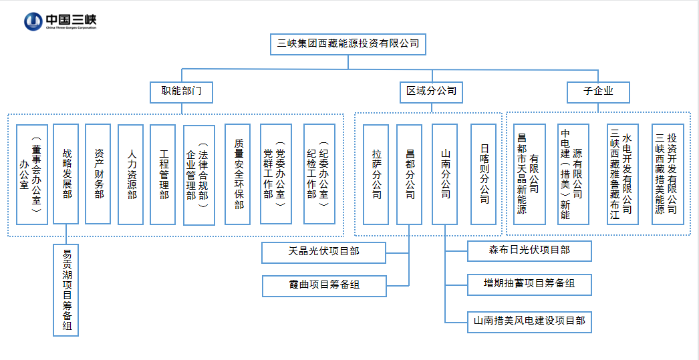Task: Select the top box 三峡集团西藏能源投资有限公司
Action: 348,44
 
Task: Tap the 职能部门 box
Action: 182,91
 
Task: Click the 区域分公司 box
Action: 432,91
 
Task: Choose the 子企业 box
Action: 598,91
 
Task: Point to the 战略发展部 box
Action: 67,174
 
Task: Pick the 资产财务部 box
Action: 99,174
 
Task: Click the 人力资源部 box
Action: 132,174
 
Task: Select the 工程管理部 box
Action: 164,174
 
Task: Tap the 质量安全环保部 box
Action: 239,174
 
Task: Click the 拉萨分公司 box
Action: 377,174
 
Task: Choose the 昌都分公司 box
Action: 410,174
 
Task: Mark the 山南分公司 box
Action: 446,174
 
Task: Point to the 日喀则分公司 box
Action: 484,174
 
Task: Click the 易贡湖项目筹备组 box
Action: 67,290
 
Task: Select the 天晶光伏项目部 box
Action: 324,252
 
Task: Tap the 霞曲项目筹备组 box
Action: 324,285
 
